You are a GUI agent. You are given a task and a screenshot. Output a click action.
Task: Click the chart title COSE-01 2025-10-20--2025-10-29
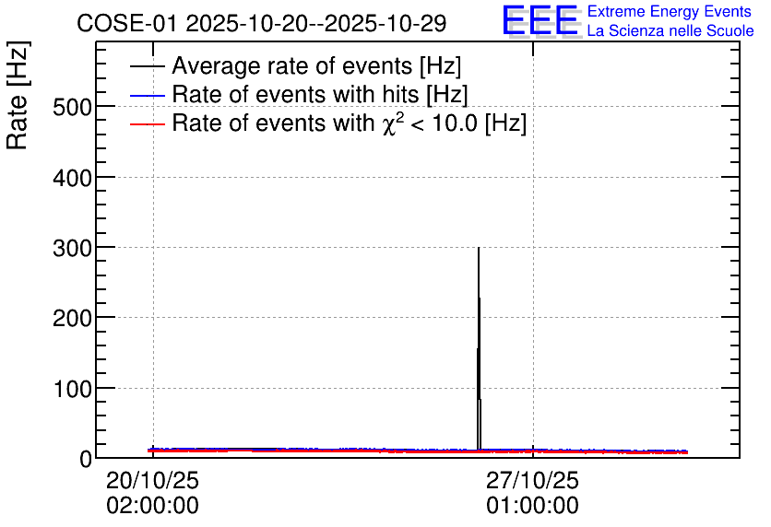[262, 23]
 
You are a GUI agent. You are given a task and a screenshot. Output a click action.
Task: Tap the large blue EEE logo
[540, 20]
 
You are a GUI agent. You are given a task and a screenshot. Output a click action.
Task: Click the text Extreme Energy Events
[670, 11]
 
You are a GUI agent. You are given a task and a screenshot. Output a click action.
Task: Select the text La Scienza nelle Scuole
[670, 30]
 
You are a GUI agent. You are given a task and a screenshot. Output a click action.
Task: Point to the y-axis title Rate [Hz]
[18, 95]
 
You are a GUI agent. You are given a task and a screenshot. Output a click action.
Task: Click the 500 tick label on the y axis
[72, 107]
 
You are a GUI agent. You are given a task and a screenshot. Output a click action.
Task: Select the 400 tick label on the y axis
[72, 178]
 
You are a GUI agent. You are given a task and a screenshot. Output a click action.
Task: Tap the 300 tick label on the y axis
[72, 248]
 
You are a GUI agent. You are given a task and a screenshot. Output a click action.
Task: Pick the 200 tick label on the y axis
[72, 319]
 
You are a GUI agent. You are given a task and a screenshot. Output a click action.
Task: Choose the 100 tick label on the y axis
[72, 389]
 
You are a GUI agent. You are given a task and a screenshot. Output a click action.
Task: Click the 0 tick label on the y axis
[86, 460]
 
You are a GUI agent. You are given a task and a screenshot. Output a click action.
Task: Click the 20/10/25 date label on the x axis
[152, 480]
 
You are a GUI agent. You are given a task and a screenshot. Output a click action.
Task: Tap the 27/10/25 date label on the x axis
[532, 480]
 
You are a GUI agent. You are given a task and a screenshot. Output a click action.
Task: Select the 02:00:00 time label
[152, 506]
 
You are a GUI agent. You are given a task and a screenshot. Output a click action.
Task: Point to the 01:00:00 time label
[532, 506]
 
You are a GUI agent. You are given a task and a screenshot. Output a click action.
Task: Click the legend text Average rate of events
[292, 65]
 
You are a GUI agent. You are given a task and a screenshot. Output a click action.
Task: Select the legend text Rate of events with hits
[296, 94]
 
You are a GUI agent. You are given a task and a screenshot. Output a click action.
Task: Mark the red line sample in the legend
[147, 124]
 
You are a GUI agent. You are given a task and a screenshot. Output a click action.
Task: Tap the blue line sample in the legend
[147, 95]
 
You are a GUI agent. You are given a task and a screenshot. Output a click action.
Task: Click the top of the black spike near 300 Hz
[479, 248]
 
